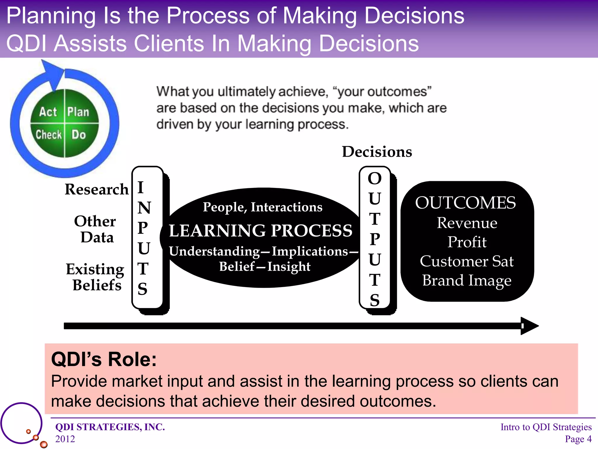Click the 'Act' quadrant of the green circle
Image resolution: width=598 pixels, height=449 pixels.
48,112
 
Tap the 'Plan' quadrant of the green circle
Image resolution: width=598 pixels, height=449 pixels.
78,112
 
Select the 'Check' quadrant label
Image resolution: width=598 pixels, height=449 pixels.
49,135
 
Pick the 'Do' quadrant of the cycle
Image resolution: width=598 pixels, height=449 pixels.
79,135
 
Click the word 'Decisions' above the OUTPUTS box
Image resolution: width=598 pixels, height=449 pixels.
377,152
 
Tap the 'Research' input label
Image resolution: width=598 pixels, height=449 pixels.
97,189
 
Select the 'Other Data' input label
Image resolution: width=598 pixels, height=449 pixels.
95,229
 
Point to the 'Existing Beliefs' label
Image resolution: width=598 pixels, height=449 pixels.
95,277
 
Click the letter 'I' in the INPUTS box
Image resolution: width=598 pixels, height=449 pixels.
141,187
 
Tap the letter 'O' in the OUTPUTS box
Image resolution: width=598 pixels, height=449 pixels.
375,178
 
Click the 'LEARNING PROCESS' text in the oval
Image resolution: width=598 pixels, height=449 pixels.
261,230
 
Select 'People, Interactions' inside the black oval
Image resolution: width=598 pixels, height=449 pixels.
263,207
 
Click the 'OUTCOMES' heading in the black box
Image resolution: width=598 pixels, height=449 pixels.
465,203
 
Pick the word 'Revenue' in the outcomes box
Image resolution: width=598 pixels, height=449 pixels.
467,223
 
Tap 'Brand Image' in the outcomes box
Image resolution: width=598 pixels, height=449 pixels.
467,280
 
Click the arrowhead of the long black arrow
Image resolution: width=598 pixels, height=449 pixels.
529,326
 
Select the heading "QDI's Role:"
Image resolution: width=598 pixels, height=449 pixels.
104,359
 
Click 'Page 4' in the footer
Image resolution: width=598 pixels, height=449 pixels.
578,439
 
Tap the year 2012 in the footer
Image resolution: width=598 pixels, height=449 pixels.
65,439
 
